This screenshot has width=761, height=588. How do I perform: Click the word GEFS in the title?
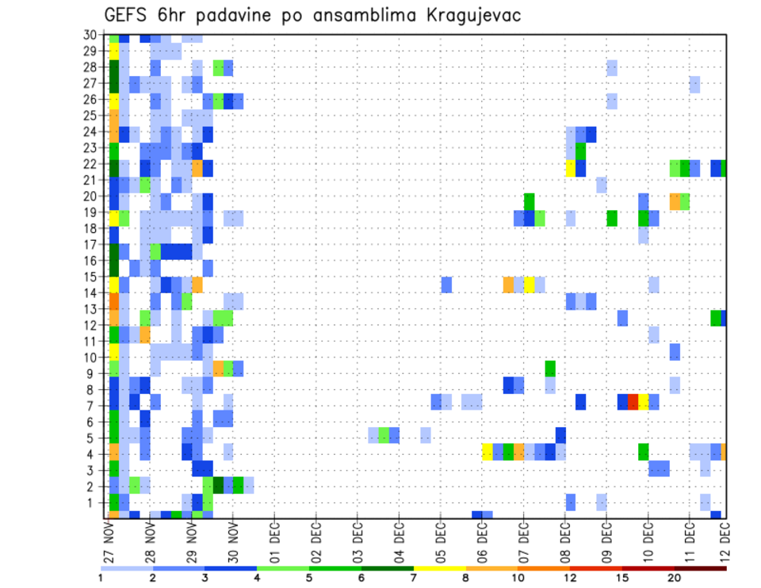(128, 15)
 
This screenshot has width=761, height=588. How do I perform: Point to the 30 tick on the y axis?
(90, 35)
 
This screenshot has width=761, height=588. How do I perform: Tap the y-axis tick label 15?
(90, 277)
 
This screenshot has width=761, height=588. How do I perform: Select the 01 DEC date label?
(273, 542)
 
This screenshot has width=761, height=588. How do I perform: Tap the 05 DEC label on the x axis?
(439, 542)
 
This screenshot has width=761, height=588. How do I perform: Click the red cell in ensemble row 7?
(633, 402)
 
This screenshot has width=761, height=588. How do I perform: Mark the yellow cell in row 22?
(570, 168)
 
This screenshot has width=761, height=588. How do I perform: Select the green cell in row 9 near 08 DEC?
(550, 368)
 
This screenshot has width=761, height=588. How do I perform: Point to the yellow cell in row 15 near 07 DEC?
(530, 284)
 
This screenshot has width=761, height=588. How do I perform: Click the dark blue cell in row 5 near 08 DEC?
(560, 434)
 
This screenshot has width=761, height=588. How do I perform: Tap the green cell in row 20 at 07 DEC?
(530, 200)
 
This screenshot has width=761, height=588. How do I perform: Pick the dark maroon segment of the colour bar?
(701, 567)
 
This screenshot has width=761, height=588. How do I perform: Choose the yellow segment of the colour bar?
(441, 567)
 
